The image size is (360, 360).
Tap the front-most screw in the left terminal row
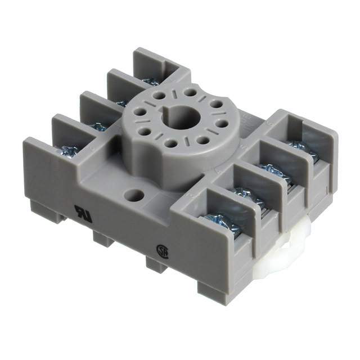click(70, 151)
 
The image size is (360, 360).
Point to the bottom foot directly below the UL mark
click(103, 238)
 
